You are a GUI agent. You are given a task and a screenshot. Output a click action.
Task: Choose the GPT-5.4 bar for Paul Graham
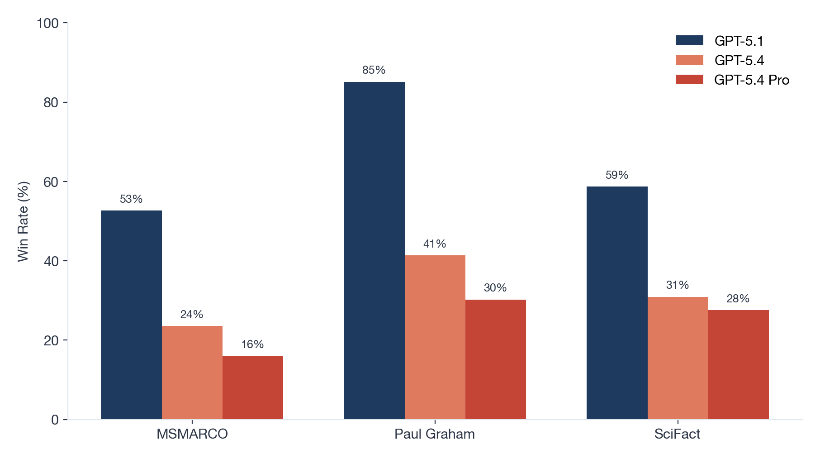pos(435,337)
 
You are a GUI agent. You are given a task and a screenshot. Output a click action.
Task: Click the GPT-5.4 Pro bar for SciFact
pos(738,364)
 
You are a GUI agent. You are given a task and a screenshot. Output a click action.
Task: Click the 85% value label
pos(374,70)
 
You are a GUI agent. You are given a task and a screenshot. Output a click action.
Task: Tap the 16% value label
pos(252,344)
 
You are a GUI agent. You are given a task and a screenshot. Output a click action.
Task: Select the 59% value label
pos(617,175)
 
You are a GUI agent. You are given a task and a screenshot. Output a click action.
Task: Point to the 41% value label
pos(435,244)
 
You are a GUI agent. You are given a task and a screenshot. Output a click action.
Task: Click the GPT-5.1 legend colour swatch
pos(689,41)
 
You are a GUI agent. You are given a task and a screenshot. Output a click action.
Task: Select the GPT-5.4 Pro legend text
pos(752,80)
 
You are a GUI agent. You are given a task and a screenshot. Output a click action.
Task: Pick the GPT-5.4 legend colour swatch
pos(689,60)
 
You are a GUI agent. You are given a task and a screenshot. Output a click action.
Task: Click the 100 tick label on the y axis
pos(47,23)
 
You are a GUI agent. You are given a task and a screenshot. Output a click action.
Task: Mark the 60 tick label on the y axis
pos(51,182)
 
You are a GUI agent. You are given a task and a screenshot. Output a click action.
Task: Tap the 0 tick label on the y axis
pos(55,420)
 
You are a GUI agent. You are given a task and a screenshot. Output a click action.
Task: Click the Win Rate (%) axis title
pos(23,221)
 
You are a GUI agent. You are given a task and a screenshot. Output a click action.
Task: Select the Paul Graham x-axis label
pos(435,434)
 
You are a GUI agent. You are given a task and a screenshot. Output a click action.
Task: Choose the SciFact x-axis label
pos(677,434)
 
